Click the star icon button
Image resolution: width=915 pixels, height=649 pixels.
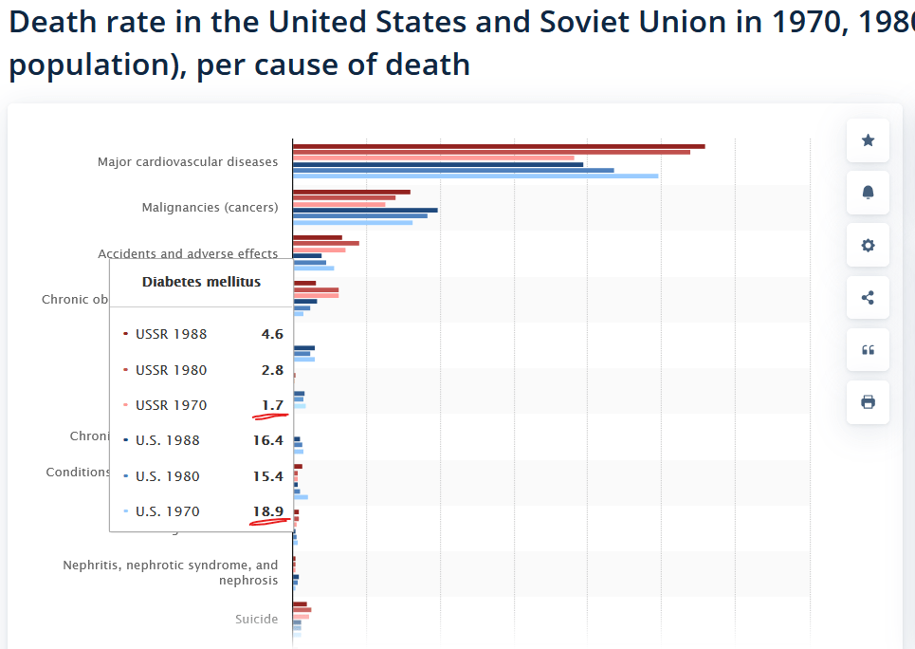[868, 140]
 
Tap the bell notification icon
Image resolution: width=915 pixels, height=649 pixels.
[868, 193]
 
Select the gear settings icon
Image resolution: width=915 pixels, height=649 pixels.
[868, 246]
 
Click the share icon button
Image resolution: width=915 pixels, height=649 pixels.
[868, 298]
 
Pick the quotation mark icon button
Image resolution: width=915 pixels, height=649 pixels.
[868, 350]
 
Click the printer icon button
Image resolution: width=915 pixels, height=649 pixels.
[868, 402]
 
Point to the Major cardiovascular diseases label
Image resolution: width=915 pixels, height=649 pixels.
[188, 161]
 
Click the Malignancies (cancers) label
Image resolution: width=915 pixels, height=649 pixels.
[210, 207]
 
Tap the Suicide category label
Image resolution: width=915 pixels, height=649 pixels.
[257, 619]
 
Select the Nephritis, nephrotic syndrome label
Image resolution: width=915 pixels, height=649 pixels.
[171, 572]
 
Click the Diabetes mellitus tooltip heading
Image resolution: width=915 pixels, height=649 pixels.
[201, 282]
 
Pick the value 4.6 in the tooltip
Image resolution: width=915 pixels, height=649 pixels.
[272, 334]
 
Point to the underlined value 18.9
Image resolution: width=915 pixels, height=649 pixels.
[267, 511]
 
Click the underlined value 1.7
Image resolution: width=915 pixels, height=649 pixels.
[272, 405]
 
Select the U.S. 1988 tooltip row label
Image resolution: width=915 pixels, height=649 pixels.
[168, 440]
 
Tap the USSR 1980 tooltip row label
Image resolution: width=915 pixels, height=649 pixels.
[171, 370]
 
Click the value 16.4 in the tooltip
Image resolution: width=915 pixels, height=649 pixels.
[267, 440]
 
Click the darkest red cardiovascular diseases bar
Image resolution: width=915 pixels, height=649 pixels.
[499, 146]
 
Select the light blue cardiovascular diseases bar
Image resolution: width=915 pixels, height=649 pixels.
[475, 176]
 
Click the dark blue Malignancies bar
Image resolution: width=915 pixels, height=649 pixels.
[365, 210]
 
